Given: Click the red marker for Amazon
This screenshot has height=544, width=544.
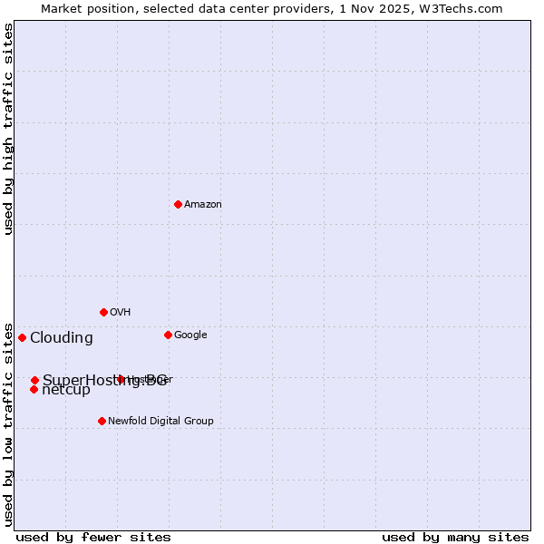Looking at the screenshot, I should [x=178, y=204].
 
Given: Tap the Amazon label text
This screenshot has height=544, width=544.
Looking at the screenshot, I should [x=203, y=205].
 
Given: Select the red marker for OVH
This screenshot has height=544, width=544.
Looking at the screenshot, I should [x=103, y=312].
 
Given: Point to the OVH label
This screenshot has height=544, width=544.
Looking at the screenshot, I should [x=121, y=313].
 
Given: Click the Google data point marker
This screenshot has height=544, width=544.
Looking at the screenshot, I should [x=168, y=335].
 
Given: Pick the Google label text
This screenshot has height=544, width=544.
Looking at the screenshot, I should [x=190, y=335].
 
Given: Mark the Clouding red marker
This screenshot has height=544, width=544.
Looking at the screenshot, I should [x=22, y=337].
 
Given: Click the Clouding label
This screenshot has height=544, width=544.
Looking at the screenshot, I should [x=62, y=338].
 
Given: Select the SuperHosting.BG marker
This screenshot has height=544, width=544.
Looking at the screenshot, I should [x=34, y=380].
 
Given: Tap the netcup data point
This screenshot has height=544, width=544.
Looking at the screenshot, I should [x=34, y=389].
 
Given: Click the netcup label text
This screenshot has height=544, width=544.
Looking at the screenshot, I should [x=66, y=390].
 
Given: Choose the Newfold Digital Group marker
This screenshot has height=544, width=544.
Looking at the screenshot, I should [x=102, y=421].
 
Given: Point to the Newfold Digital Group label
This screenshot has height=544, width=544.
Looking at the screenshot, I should [x=160, y=422].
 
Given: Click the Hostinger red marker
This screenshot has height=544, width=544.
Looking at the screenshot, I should [x=121, y=379].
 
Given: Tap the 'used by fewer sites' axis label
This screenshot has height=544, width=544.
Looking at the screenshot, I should [x=93, y=537].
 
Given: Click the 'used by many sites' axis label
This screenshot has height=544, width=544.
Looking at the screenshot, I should [x=455, y=537].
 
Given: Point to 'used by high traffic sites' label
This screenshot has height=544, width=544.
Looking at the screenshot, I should [x=8, y=130].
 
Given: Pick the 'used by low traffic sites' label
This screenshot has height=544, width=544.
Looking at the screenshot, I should [x=8, y=423].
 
